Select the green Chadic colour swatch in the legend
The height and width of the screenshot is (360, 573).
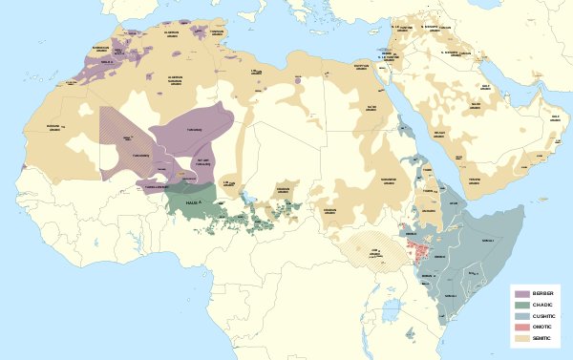pyautogui.click(x=521, y=305)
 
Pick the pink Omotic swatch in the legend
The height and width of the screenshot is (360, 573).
pyautogui.click(x=521, y=328)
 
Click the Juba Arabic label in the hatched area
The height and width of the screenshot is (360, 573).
pyautogui.click(x=375, y=252)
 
